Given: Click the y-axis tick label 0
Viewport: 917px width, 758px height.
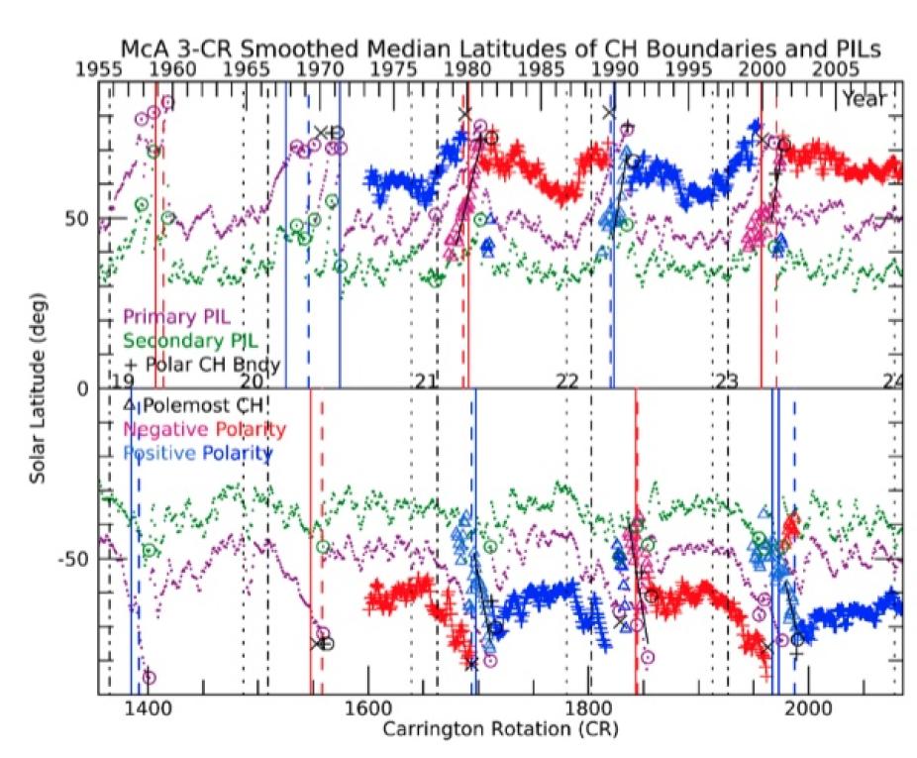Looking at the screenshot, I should coord(83,389).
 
